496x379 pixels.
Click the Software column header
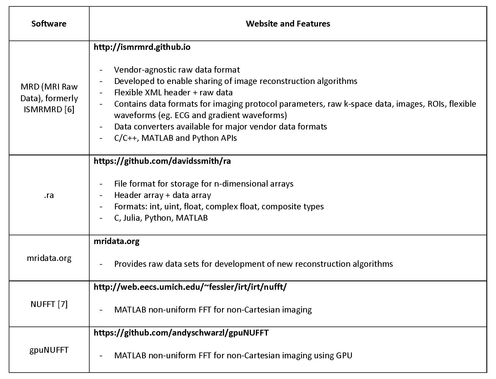point(49,24)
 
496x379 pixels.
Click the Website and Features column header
point(288,24)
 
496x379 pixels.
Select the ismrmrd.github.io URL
point(142,47)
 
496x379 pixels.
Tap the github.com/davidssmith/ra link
point(162,161)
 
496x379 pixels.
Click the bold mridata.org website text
point(116,241)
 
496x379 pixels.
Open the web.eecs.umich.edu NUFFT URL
point(190,287)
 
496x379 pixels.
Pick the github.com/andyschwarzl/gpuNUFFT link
point(181,333)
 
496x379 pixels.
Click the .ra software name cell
point(49,195)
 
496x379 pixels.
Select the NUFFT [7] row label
point(49,304)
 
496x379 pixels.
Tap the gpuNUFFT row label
point(49,350)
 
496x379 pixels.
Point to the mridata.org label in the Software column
point(49,258)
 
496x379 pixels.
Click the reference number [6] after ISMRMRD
point(69,110)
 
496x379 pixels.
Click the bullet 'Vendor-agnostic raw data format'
point(177,70)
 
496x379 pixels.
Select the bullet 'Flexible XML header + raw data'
point(173,93)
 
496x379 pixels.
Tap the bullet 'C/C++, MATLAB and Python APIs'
point(175,138)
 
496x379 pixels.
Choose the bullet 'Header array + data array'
point(163,195)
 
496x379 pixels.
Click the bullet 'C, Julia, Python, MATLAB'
point(161,218)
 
